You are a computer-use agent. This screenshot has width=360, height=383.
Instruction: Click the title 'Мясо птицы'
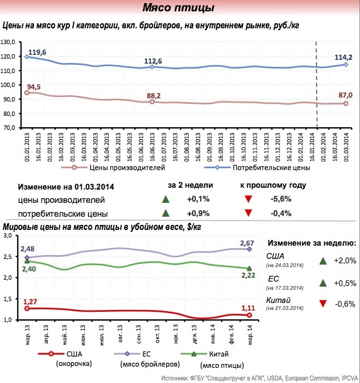coord(178,8)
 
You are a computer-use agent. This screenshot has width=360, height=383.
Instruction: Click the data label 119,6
coord(37,52)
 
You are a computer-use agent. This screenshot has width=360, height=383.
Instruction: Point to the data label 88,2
coord(154,96)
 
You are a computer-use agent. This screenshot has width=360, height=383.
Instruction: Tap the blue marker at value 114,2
coord(346,64)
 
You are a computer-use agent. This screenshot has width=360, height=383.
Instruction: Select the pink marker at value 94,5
coord(27,93)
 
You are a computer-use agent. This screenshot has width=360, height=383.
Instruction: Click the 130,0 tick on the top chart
coord(8,42)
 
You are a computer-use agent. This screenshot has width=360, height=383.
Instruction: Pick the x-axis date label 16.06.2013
coord(152,147)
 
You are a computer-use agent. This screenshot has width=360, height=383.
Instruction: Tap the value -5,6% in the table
coord(281,199)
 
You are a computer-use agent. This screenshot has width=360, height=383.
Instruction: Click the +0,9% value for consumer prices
coord(198,214)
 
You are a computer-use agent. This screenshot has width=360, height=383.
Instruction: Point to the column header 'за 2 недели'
coord(190,185)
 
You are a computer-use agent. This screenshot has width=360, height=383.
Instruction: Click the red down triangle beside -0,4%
coord(248,213)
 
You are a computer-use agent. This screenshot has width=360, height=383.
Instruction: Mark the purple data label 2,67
coord(247,243)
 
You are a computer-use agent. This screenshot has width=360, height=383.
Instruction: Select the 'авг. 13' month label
coord(120,333)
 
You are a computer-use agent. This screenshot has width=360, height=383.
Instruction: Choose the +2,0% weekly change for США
coord(345,261)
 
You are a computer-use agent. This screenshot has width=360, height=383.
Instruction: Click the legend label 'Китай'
coord(218,354)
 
